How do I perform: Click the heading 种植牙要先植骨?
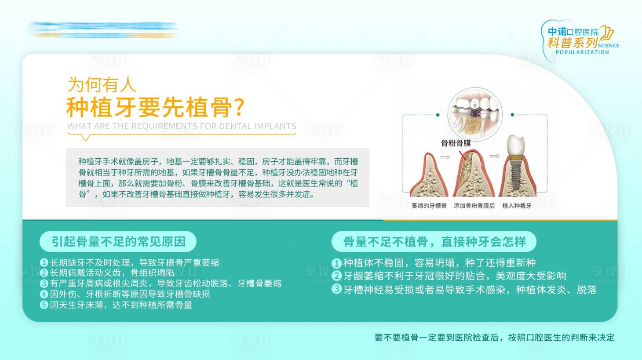point(155,107)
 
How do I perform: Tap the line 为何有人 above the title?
point(102,85)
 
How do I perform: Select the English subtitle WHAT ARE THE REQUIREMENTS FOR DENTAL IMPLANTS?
point(182,126)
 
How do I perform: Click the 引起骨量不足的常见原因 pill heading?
point(118,242)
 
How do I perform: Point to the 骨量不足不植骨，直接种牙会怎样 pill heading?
point(434,242)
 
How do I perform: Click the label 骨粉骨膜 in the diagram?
point(456,143)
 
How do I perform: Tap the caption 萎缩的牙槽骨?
point(429,206)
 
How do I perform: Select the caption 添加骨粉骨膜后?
point(474,206)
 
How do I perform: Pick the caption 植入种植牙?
point(517,206)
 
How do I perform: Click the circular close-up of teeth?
point(474,113)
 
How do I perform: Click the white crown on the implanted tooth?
point(516,145)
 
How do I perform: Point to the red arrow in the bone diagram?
point(462,156)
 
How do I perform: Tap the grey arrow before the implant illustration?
point(494,156)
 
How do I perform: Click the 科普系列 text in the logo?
point(572,43)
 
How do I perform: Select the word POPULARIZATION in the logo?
point(582,52)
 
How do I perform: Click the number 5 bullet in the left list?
point(44,305)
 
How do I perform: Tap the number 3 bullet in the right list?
point(336,289)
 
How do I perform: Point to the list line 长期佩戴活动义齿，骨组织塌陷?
point(112,273)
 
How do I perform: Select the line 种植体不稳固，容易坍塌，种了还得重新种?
point(439,263)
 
